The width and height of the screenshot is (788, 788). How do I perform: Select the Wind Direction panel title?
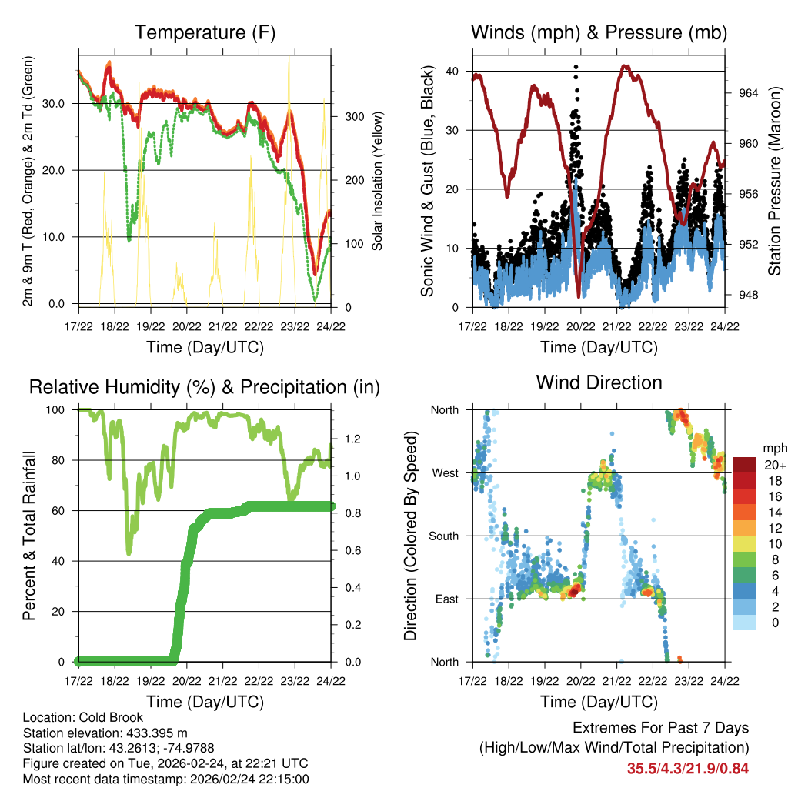pos(599,382)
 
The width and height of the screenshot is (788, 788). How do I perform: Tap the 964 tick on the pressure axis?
pos(749,93)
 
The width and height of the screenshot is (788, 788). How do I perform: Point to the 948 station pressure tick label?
pos(749,295)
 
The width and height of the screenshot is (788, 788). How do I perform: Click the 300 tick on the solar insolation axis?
pos(353,117)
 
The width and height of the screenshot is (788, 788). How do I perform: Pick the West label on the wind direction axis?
pos(445,472)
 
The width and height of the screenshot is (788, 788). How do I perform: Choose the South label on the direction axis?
pos(443,536)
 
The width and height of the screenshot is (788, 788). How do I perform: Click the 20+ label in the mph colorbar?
pos(775,465)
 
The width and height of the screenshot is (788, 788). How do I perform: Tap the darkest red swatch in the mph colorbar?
pos(745,465)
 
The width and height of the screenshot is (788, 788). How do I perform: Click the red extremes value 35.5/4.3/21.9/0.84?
pos(688,768)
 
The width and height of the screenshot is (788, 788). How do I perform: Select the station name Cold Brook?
pos(95,718)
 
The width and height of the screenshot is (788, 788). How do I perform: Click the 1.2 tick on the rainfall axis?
pos(353,439)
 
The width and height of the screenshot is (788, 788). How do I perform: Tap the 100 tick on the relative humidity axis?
pos(63,410)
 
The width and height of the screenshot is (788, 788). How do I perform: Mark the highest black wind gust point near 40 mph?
pos(576,67)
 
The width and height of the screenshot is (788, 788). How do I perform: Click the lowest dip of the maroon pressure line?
pos(579,295)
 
